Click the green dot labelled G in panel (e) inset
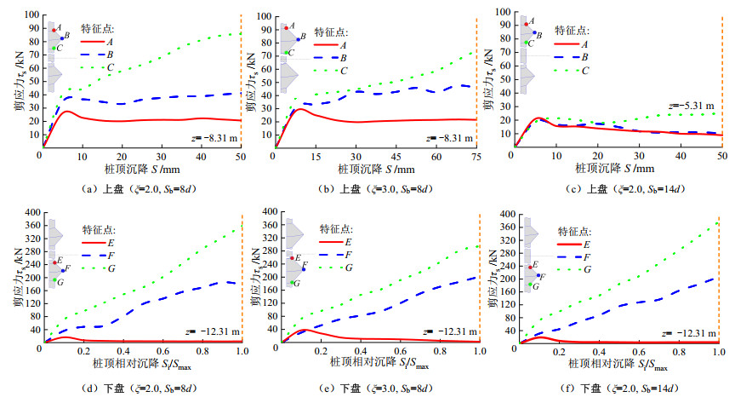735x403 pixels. [x=292, y=283]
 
